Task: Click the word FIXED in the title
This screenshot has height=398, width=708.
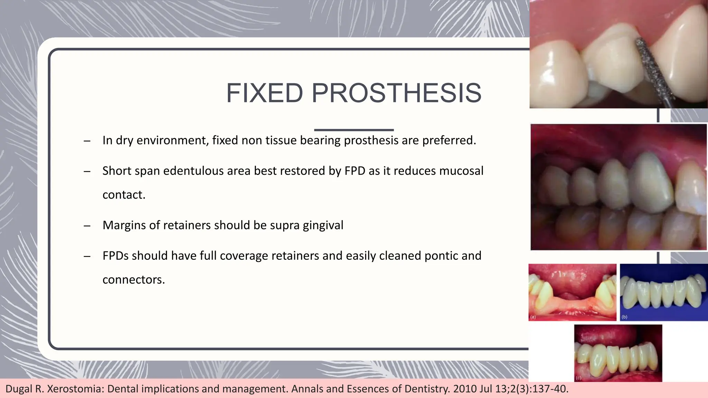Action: coord(264,93)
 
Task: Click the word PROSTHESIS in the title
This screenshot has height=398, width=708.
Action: coord(397,93)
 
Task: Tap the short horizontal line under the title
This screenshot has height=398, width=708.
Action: coord(354,130)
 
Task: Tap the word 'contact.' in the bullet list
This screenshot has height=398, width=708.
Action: coord(124,195)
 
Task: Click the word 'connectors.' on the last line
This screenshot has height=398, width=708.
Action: coord(134,279)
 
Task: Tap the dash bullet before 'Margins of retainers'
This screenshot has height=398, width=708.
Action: coord(87,226)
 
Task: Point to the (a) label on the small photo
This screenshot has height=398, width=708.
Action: coord(533,317)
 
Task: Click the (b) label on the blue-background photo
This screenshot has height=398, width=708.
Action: coord(624,317)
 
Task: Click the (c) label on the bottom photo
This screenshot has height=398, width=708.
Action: coord(579,378)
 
